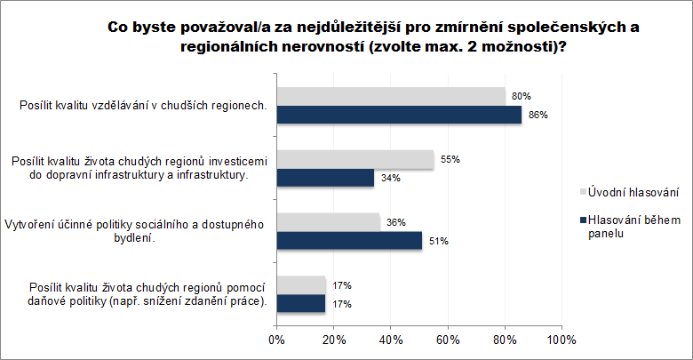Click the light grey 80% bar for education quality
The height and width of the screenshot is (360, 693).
tap(391, 96)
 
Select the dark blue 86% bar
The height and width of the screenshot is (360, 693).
tap(399, 115)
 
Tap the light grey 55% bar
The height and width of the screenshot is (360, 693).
tap(355, 159)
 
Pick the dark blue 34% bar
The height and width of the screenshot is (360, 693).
tap(325, 178)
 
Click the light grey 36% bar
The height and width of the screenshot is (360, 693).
tap(328, 222)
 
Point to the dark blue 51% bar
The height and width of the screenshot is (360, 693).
tap(349, 241)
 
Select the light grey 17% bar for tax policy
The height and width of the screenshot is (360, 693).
tap(301, 285)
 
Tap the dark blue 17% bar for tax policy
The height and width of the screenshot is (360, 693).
tap(301, 304)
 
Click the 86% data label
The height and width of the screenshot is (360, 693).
tap(537, 115)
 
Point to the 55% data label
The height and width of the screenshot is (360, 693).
tap(450, 160)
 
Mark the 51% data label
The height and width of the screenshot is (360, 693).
tap(437, 241)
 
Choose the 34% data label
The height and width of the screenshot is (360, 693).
tap(389, 178)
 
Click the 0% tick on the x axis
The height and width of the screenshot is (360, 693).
tap(276, 340)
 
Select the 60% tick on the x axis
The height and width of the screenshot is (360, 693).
tap(448, 340)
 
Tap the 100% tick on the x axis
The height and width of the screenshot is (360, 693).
tap(562, 340)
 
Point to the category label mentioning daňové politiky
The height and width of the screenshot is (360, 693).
tap(147, 294)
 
